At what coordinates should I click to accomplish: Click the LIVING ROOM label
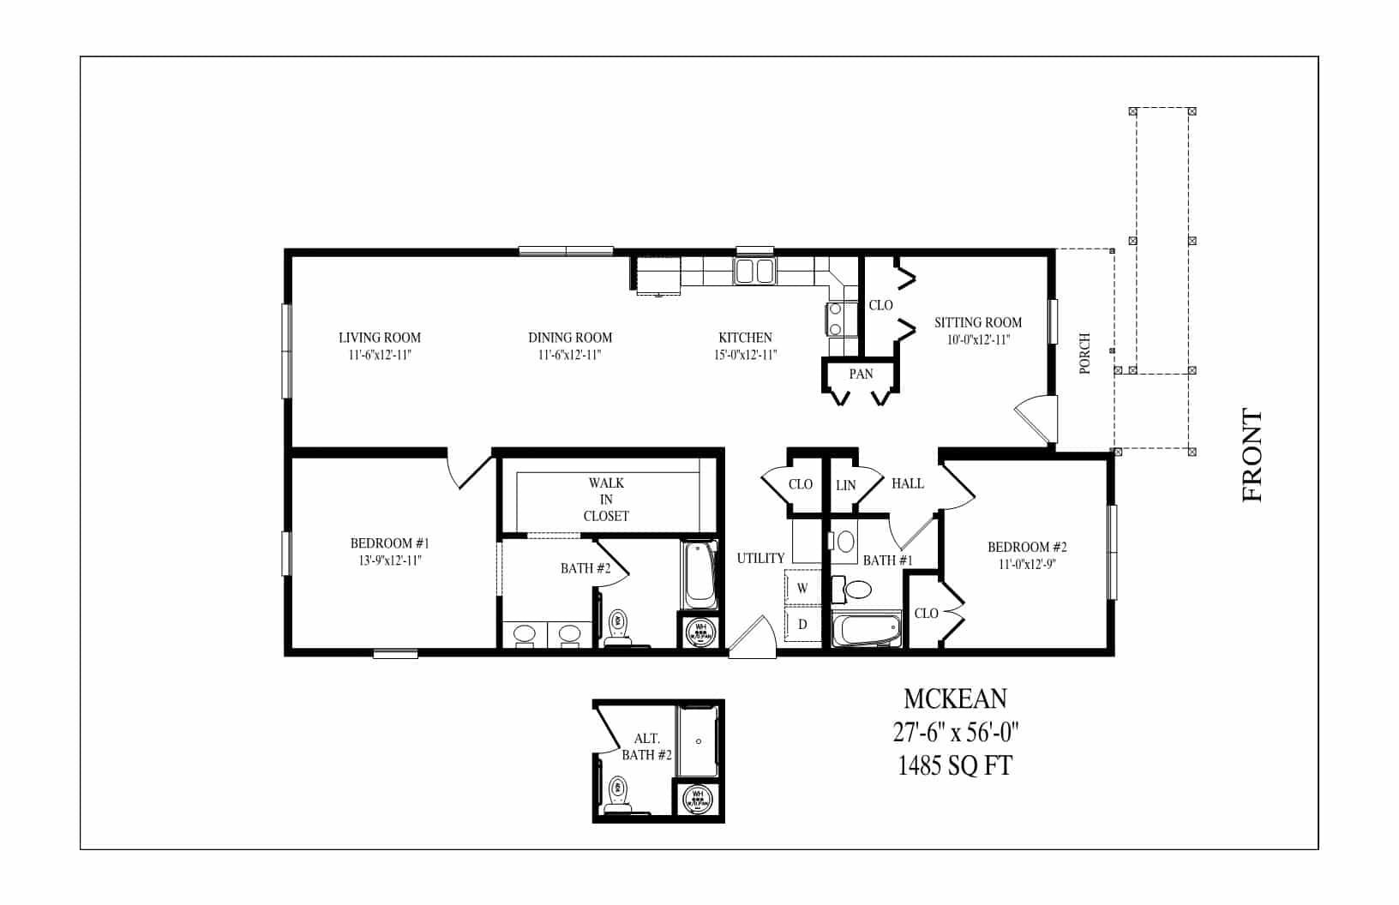379,338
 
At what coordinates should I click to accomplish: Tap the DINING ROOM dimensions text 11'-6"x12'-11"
570,355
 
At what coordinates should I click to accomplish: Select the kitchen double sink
754,272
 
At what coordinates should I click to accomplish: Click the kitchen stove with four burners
836,320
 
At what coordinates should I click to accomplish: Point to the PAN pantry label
861,374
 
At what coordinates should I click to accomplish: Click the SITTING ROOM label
977,322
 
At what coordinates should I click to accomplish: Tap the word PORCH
1085,353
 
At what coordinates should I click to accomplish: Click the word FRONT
1252,455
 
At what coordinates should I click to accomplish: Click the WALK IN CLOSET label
606,500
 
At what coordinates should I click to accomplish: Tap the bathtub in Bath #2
699,572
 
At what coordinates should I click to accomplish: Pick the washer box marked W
803,589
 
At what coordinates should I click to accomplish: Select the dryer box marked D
803,625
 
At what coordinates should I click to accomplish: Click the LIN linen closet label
845,485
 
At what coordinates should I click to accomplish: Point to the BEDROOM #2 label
1026,547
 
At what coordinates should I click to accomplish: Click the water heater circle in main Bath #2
700,632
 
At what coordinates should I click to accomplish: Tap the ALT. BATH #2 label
645,746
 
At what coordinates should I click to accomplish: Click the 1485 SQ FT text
955,764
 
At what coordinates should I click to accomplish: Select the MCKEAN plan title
955,699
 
